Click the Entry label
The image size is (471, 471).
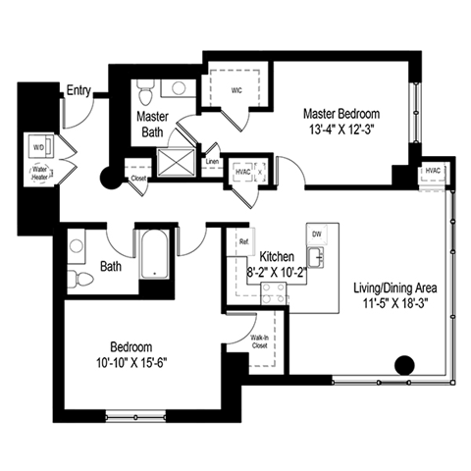(x=78, y=91)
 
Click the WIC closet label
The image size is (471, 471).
(x=236, y=89)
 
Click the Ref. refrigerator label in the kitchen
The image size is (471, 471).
(x=244, y=241)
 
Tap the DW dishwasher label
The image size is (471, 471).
(x=316, y=235)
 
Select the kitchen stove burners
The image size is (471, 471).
(x=274, y=292)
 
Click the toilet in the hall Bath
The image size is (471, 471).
(x=83, y=280)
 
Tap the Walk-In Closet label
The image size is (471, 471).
(x=259, y=340)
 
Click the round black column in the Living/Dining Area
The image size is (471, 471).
(x=402, y=365)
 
